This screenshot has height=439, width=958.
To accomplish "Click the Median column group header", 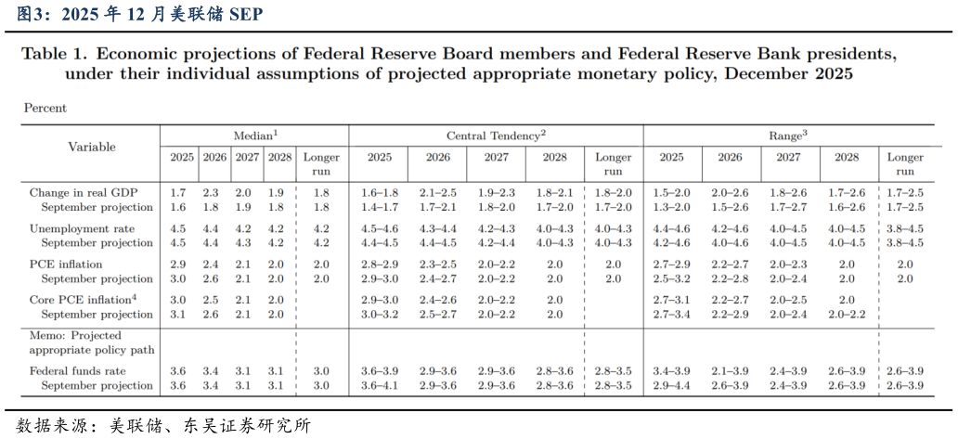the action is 256,135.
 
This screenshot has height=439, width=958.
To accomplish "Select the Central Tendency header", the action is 496,135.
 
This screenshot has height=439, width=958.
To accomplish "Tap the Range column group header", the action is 789,135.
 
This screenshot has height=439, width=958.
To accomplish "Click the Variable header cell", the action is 92,147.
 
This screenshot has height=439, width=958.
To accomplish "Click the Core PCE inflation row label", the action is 83,300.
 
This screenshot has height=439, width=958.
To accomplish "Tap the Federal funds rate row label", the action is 78,371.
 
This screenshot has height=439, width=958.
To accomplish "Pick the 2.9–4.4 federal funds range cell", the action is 671,385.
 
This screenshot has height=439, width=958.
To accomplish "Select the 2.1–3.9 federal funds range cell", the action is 730,371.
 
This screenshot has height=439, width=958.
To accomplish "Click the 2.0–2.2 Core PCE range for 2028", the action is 848,314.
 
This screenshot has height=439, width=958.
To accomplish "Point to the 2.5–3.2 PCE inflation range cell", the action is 671,278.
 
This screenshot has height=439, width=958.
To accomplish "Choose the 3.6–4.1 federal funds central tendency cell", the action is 379,385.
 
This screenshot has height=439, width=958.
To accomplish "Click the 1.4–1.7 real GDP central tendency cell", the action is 379,207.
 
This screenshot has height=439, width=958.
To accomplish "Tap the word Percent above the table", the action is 45,108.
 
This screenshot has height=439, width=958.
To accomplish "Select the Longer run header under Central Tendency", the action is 613,164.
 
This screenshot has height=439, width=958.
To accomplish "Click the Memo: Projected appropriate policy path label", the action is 92,342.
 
